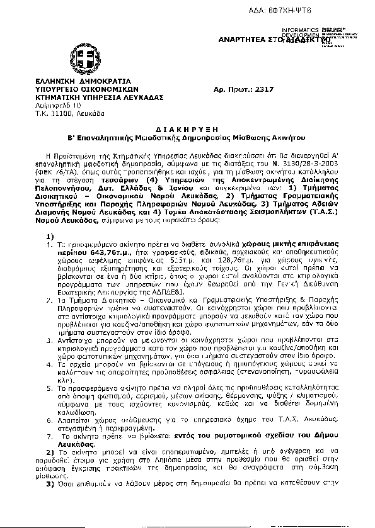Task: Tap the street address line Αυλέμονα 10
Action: point(59,105)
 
